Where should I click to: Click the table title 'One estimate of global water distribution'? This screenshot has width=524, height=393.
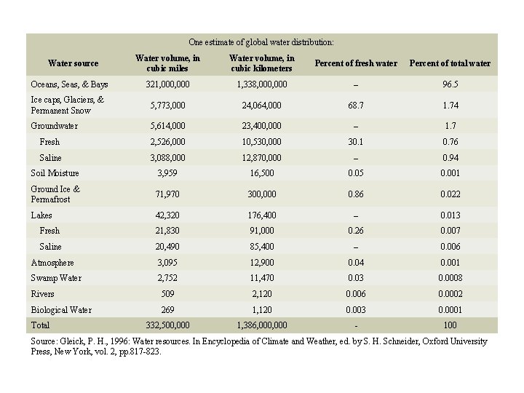point(261,43)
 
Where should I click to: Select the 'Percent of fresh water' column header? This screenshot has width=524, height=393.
point(356,63)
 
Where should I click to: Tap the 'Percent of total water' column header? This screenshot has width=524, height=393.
point(450,63)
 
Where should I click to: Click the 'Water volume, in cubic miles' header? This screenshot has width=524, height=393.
point(168,63)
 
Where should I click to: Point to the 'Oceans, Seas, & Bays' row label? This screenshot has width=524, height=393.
point(69,84)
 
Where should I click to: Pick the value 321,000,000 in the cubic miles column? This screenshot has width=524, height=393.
point(168,84)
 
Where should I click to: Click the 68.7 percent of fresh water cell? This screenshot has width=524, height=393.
point(356,106)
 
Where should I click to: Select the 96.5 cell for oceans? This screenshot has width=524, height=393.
point(450,84)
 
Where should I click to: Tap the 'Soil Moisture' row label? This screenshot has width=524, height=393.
point(55,173)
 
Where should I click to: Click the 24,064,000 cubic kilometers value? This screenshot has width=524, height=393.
point(261,106)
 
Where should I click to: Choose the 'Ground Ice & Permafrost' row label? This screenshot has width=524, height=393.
point(55,194)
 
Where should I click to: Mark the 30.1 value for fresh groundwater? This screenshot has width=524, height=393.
point(356,142)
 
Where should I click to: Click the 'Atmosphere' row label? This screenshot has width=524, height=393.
point(52,263)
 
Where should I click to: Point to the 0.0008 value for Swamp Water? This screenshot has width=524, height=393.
point(450,278)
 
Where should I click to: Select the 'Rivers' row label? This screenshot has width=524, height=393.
point(43,294)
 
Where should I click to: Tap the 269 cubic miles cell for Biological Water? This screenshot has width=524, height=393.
point(168,310)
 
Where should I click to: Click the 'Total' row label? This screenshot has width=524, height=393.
point(40,325)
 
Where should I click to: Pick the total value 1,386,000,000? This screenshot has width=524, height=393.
point(261,325)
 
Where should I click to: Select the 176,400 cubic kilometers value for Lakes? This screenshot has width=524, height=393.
point(261,215)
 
